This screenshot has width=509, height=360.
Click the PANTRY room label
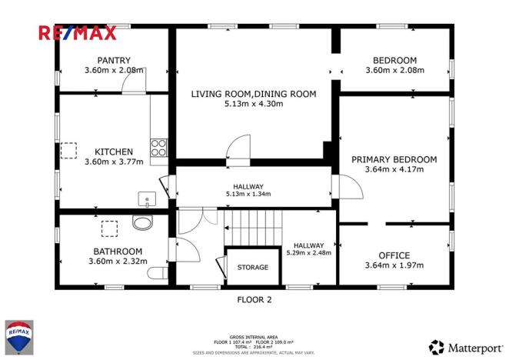(x=113, y=60)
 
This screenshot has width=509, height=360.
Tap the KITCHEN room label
(x=114, y=152)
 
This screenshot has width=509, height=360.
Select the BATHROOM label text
(x=118, y=252)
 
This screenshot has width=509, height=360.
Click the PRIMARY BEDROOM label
(x=394, y=159)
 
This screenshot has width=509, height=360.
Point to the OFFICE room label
(x=394, y=255)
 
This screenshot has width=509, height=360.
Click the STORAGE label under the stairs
(x=252, y=268)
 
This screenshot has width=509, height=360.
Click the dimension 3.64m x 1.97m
(x=394, y=265)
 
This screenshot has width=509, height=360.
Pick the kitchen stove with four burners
(x=159, y=147)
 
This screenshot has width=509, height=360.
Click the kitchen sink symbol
(x=147, y=200)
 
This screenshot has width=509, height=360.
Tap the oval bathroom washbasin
(x=142, y=224)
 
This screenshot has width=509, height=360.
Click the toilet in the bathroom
(x=159, y=272)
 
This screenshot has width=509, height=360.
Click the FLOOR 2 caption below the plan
(x=254, y=301)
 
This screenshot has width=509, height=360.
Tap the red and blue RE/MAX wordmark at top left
(x=77, y=32)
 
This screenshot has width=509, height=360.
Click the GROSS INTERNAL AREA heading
(x=254, y=337)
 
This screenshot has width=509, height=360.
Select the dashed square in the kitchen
(x=70, y=149)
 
